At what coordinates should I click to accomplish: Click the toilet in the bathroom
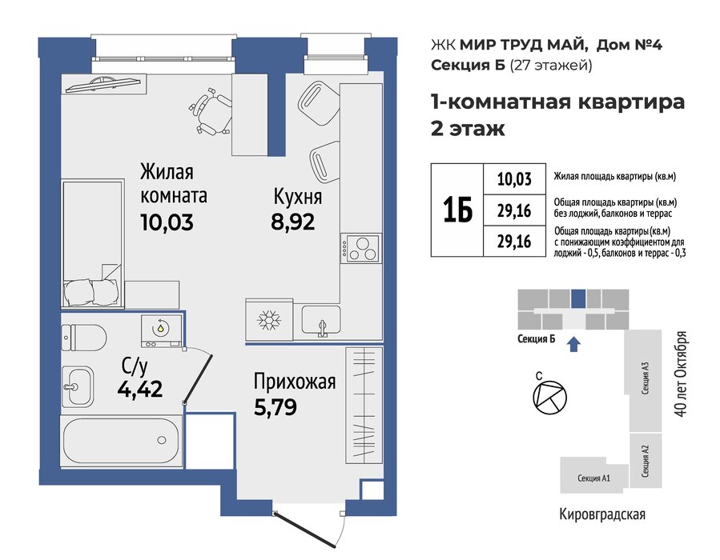click(83, 338)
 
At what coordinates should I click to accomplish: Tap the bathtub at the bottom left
click(122, 442)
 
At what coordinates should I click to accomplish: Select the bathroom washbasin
click(77, 386)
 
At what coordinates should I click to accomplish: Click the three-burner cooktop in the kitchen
click(361, 248)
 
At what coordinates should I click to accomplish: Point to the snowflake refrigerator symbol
click(270, 320)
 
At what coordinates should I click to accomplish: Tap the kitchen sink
click(321, 321)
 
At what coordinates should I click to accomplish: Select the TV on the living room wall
click(103, 83)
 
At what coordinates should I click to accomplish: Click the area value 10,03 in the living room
click(167, 223)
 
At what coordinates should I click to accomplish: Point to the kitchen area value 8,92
click(293, 222)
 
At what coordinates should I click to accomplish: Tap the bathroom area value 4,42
click(140, 390)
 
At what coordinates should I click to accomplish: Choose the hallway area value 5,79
click(276, 407)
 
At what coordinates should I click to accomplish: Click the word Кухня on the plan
click(298, 198)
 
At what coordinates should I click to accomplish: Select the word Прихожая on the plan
click(295, 382)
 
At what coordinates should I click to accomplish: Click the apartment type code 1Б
click(458, 210)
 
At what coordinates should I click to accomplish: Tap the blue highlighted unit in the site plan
click(578, 298)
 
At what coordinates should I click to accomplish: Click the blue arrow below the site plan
click(574, 343)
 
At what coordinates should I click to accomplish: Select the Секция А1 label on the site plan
click(593, 478)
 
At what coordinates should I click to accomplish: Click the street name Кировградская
click(602, 514)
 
